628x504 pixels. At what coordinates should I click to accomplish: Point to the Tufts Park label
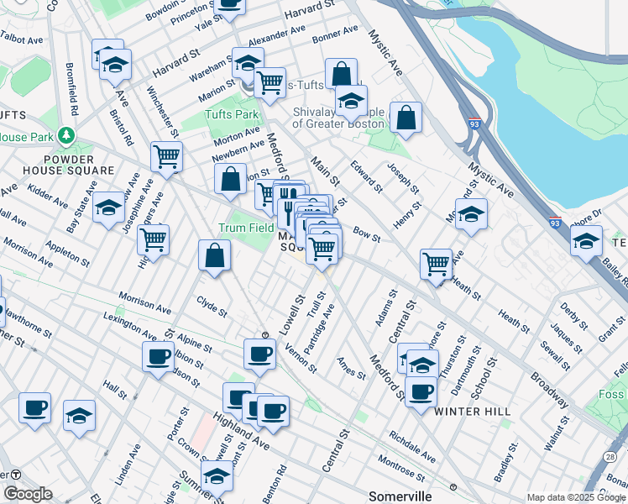(231, 114)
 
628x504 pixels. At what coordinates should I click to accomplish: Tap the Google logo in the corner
(29, 494)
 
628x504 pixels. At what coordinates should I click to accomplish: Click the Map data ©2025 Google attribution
(576, 497)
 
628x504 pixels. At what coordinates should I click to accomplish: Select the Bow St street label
(367, 234)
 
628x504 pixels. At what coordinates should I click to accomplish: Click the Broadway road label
(549, 382)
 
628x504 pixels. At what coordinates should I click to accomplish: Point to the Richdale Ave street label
(411, 447)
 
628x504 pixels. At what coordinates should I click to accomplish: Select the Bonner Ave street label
(335, 34)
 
